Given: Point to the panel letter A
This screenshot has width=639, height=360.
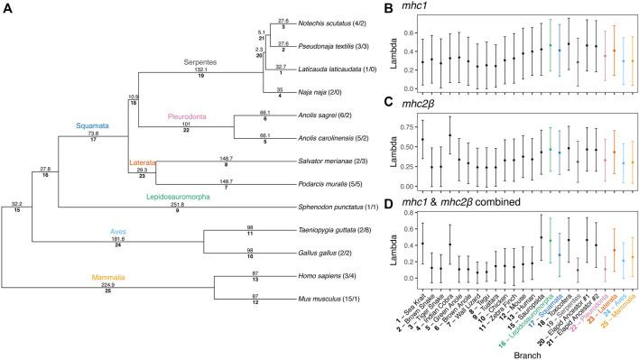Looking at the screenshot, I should [8, 8].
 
